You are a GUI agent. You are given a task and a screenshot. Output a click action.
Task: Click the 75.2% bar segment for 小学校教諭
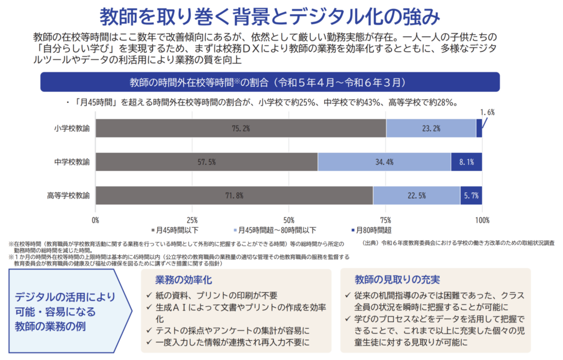click(x=241, y=128)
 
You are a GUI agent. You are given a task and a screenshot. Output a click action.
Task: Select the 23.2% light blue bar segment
click(x=431, y=128)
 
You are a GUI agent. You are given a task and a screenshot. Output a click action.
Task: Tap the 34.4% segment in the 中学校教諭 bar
click(x=384, y=162)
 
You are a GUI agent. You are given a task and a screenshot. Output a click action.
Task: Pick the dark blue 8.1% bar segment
click(x=466, y=162)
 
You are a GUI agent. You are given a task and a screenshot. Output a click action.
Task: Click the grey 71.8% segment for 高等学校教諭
click(x=234, y=196)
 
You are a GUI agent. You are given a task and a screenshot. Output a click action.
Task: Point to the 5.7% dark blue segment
click(x=471, y=196)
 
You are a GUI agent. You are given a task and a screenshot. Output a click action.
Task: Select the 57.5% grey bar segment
click(x=207, y=162)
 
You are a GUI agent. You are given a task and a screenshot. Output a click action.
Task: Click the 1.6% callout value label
click(x=487, y=112)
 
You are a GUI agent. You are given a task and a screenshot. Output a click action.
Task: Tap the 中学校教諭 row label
click(x=72, y=162)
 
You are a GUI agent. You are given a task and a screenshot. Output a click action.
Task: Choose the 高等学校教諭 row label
click(x=68, y=196)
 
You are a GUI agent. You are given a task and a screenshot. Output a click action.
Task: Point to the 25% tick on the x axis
click(x=192, y=220)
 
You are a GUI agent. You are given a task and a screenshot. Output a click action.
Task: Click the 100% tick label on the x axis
click(x=482, y=220)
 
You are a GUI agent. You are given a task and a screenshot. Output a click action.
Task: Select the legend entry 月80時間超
click(x=371, y=230)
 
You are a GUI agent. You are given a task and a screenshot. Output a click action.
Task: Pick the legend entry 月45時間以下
click(x=175, y=230)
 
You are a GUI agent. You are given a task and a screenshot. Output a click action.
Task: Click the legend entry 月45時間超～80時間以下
click(x=275, y=230)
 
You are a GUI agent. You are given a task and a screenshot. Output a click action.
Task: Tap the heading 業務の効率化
click(x=184, y=280)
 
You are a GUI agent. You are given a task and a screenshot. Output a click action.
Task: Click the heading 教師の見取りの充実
click(x=397, y=280)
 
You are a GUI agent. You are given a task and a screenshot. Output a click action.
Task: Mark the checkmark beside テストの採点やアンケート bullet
click(x=149, y=330)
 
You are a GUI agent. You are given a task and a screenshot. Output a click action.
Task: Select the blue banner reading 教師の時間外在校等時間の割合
click(x=270, y=82)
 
